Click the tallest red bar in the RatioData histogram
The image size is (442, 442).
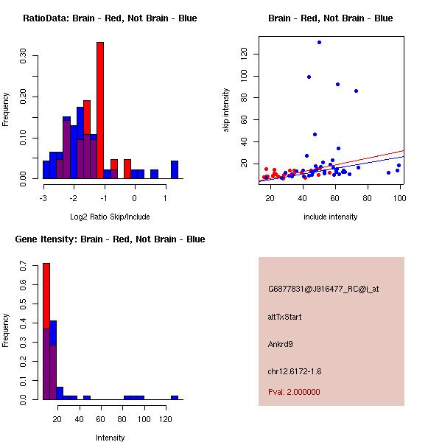coord(100,110)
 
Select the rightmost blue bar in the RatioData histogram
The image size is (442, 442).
coord(175,169)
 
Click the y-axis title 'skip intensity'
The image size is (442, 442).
coord(226,110)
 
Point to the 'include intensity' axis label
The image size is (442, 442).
coord(331,217)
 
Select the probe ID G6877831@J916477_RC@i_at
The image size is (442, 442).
coord(323,290)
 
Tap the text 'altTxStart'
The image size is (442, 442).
coord(284,317)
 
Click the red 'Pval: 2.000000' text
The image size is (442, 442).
coord(294,392)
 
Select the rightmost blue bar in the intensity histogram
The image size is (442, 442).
coord(175,397)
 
